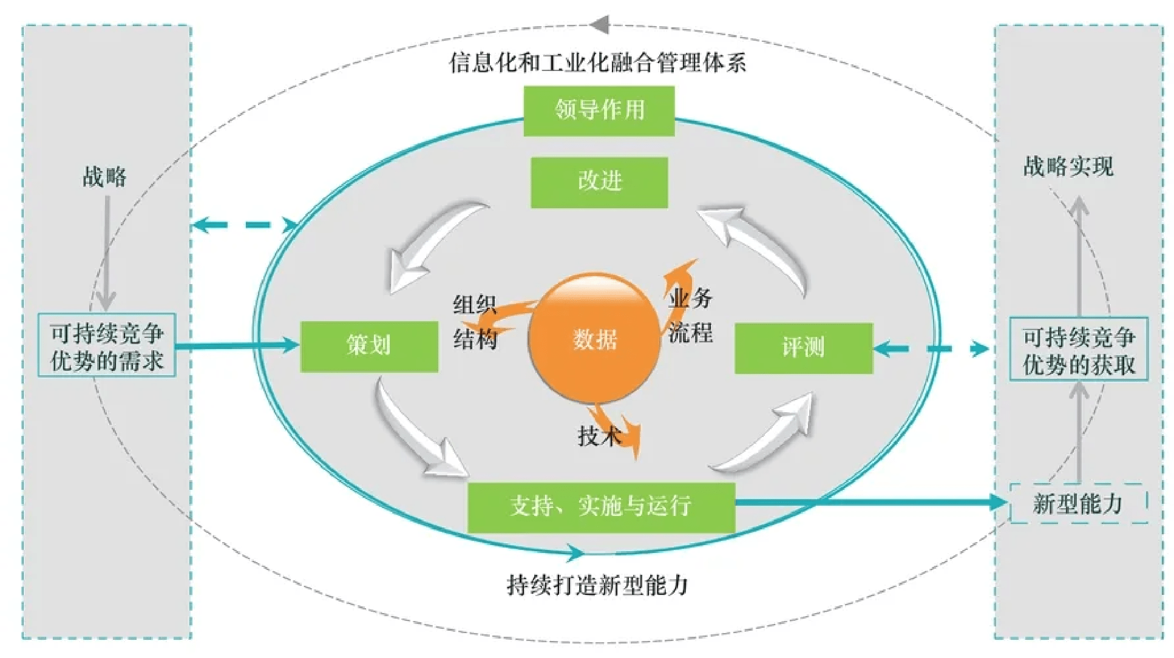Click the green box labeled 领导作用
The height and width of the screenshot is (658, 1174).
point(599,110)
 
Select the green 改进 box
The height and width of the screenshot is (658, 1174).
point(599,182)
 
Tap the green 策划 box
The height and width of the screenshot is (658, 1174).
point(369,346)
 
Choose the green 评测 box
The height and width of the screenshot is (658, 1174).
point(803,348)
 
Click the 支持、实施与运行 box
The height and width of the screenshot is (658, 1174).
point(601,506)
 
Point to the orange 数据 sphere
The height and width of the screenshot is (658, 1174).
point(594,338)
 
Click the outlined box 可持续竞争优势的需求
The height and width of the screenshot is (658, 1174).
point(107,346)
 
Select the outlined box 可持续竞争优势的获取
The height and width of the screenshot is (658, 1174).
point(1079,350)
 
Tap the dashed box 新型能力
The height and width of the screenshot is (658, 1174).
point(1078,504)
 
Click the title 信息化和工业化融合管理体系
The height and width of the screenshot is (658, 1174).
point(597,63)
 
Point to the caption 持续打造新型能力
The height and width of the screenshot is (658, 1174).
point(597,585)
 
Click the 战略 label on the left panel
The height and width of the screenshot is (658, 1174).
point(104,177)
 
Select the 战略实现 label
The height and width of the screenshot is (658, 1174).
point(1068,166)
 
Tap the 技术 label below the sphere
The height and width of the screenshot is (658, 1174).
point(599,436)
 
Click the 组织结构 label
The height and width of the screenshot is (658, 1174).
point(475,322)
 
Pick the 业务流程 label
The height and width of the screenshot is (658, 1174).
point(691,316)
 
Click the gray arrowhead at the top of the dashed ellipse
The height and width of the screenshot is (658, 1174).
point(599,25)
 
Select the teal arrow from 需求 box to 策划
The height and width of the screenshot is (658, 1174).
point(237,346)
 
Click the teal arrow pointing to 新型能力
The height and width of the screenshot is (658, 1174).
point(868,502)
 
